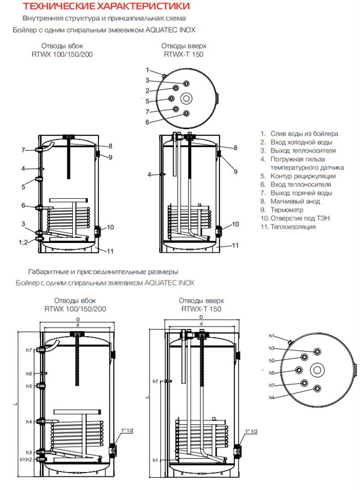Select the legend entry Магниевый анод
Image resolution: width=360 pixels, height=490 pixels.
click(295, 202)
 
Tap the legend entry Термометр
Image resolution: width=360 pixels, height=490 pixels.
click(287, 210)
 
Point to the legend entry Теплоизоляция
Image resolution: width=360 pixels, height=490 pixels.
click(293, 227)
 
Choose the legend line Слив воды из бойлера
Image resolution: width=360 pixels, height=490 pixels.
click(304, 134)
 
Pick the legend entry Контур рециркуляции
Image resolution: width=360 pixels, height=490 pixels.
click(303, 176)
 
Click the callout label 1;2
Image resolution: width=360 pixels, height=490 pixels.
click(23, 242)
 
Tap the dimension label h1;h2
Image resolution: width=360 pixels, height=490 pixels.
click(26, 459)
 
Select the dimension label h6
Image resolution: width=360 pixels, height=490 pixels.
click(29, 374)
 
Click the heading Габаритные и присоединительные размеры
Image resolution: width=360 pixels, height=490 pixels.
click(103, 272)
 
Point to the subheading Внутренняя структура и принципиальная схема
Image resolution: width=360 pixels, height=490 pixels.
click(104, 18)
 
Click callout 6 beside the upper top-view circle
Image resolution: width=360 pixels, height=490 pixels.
click(147, 122)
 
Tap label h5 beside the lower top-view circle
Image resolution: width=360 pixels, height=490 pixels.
click(272, 373)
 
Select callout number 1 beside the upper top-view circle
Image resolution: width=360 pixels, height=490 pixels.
click(147, 70)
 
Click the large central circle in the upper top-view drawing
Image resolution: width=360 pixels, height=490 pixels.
click(186, 99)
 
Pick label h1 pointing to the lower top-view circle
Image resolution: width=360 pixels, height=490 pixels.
click(272, 336)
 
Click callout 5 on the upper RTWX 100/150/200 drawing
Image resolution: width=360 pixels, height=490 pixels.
click(23, 187)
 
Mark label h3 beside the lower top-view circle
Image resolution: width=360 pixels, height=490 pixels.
click(272, 348)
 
